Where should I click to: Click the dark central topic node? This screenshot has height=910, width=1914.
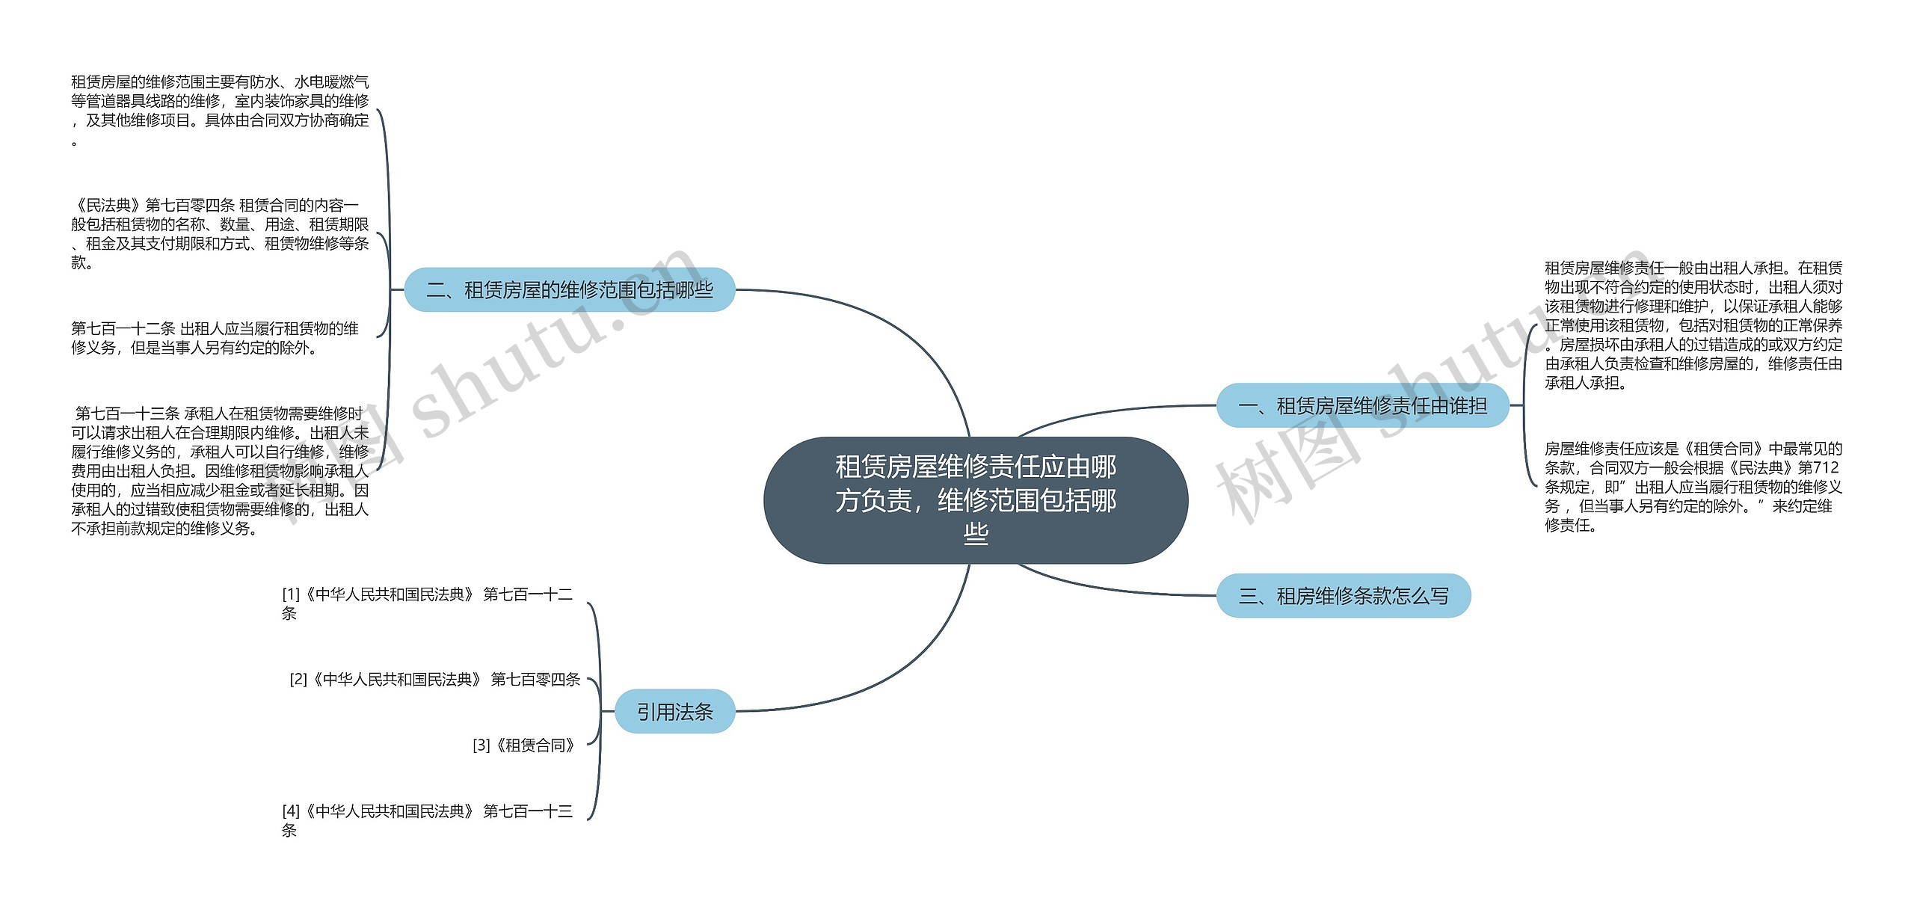coord(975,499)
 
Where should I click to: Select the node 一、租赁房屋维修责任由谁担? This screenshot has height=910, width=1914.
coord(1362,406)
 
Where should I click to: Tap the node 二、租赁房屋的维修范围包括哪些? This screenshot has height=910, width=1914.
coord(569,289)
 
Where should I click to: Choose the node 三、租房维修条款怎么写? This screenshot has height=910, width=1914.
coord(1343,596)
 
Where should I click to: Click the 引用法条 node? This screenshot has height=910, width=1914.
coord(674,711)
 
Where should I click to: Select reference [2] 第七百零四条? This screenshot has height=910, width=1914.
coord(435,679)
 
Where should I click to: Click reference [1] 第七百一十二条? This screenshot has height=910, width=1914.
coord(427,603)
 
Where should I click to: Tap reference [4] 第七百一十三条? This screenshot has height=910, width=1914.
coord(427,820)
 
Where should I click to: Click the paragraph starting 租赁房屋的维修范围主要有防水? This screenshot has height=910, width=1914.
coord(220,110)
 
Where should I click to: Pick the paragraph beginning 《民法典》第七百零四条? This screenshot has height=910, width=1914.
coord(220,233)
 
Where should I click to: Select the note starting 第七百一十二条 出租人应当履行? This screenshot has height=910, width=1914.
coord(215,338)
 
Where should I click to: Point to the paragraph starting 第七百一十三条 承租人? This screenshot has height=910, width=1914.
coord(220,471)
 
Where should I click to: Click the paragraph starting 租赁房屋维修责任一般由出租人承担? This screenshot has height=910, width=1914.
coord(1693,325)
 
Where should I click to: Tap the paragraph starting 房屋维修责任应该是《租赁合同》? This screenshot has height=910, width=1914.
coord(1693,487)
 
